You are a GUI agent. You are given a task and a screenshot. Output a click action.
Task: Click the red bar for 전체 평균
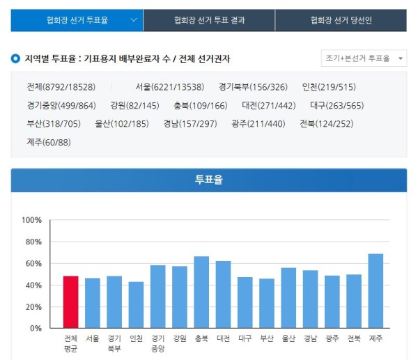[70, 302]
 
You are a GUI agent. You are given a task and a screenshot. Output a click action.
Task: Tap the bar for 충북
[201, 292]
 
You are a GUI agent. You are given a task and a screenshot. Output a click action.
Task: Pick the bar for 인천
[136, 304]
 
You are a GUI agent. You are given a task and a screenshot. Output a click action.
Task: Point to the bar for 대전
[223, 294]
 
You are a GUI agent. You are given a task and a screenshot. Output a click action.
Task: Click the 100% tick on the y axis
[32, 220]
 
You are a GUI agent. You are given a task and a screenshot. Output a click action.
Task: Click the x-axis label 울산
[288, 338]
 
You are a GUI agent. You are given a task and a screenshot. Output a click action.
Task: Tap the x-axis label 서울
[93, 338]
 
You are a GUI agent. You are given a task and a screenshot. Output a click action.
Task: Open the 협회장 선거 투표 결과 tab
[209, 20]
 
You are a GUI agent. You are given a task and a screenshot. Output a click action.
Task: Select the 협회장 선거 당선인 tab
[341, 20]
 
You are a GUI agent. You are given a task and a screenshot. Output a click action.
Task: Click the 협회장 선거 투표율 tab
[77, 20]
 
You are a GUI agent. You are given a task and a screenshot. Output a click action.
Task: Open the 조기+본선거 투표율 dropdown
[363, 58]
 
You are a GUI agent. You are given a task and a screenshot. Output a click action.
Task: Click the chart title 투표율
[209, 180]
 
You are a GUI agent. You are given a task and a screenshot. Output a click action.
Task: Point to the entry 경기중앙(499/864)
[61, 106]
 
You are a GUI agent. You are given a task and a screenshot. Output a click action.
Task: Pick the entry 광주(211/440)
[258, 124]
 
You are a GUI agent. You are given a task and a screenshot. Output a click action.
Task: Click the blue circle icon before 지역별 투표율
[15, 58]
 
